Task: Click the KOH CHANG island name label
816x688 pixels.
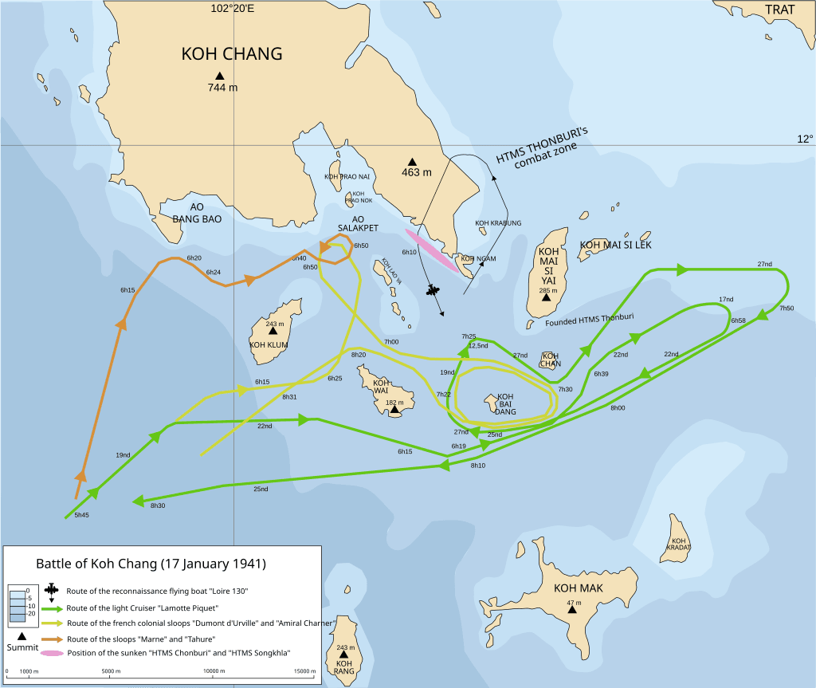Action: coord(232,54)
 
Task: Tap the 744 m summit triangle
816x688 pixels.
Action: coord(221,76)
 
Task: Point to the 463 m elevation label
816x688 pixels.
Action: coord(416,172)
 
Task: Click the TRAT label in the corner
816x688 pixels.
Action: coord(786,10)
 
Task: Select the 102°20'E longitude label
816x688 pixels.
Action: coord(233,8)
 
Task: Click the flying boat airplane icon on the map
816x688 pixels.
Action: coord(433,290)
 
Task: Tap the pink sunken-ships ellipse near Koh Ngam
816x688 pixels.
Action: coord(433,251)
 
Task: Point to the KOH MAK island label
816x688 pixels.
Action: coord(579,588)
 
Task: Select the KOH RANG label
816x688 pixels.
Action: coord(344,666)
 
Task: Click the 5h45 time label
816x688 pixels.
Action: coord(81,517)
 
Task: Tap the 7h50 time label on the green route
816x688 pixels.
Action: coord(786,309)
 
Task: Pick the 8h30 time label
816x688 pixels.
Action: coord(158,505)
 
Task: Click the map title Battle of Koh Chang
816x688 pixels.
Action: coord(151,564)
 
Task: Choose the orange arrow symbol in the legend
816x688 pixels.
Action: coord(52,638)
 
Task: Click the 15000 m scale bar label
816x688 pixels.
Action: coord(304,672)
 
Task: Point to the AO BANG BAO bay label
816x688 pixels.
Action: coord(197,212)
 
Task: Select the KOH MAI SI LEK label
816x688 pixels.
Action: coord(615,245)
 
